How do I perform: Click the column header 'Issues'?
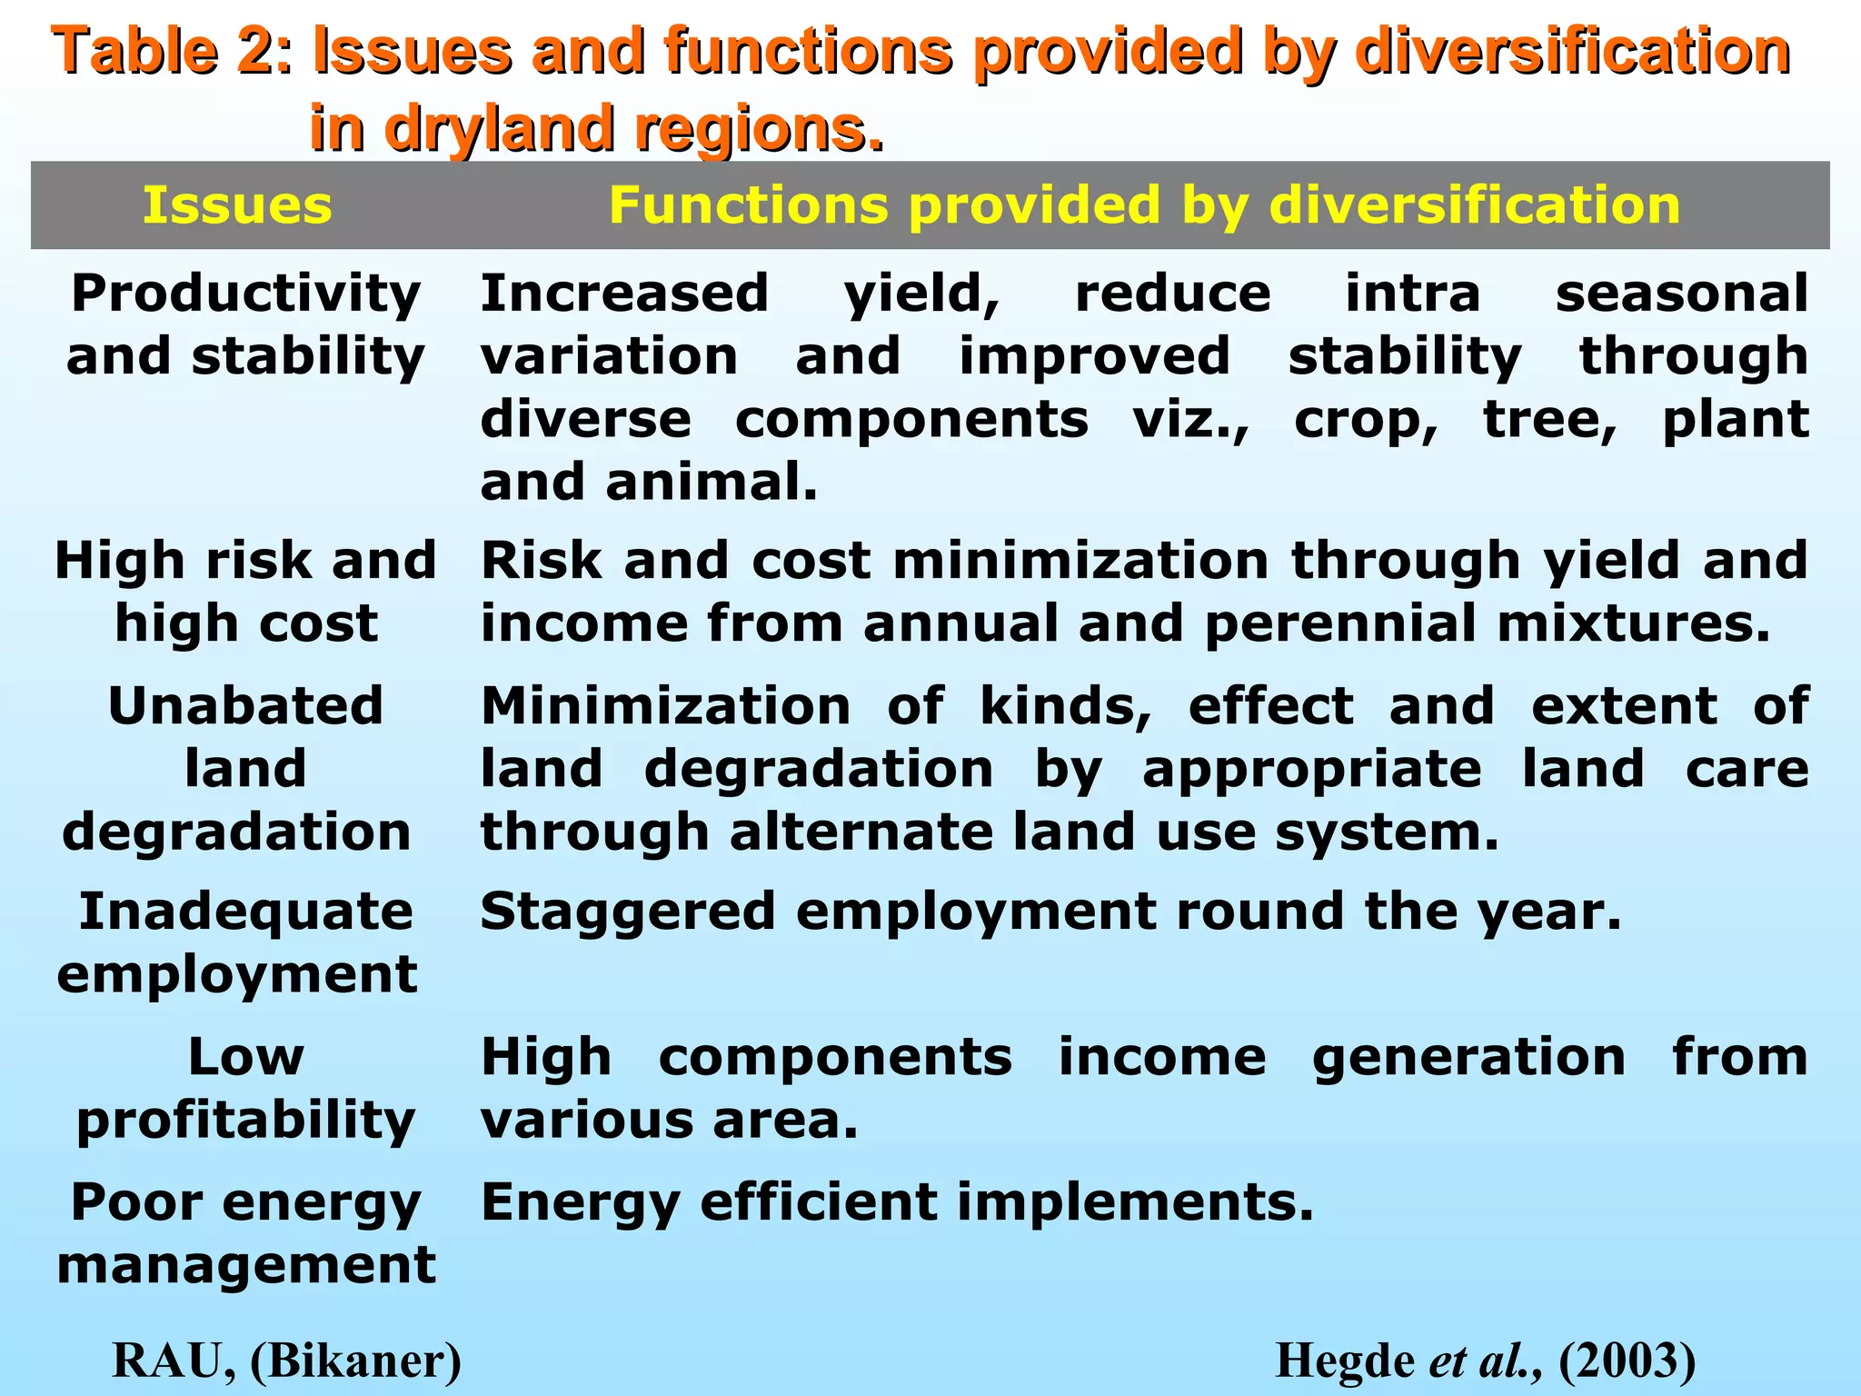tap(237, 205)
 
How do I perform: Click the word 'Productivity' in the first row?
tap(245, 294)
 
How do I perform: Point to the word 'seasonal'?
tap(1681, 294)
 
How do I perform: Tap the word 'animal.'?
tap(712, 483)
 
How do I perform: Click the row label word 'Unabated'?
tap(245, 706)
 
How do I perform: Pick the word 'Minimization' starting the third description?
tap(665, 706)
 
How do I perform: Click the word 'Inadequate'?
tap(245, 912)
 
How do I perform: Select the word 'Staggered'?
tap(627, 912)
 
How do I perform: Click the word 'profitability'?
tap(245, 1121)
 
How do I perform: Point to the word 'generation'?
tap(1468, 1058)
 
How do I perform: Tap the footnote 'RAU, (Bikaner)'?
tap(286, 1361)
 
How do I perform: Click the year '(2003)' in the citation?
tap(1627, 1361)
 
